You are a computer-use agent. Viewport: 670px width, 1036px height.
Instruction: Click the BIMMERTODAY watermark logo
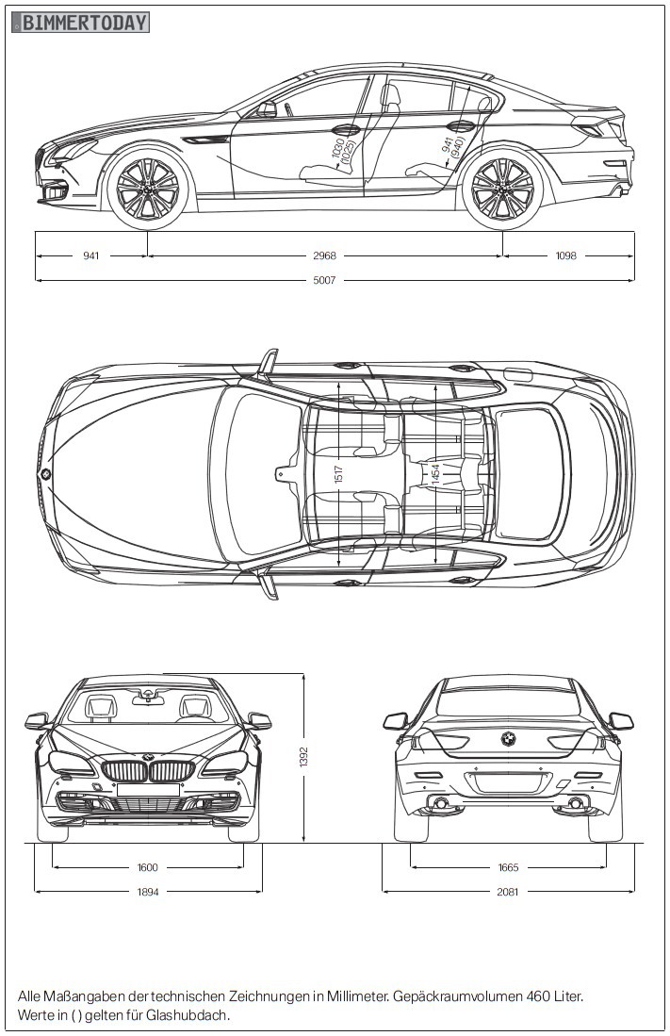(81, 22)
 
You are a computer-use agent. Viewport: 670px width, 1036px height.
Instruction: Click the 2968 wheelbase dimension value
(325, 255)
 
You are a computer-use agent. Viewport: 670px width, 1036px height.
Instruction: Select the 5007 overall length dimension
(325, 280)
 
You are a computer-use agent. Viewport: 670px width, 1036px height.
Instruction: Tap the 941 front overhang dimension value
(91, 255)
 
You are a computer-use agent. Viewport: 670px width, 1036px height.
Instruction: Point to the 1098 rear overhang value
(565, 255)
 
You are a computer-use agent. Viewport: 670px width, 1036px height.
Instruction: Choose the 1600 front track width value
(148, 867)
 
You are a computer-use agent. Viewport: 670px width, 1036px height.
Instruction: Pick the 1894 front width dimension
(148, 891)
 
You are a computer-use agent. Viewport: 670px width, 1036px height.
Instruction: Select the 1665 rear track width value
(508, 867)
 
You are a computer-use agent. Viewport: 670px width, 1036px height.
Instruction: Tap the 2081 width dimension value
(508, 891)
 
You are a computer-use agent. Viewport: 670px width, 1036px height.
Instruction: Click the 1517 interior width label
(338, 474)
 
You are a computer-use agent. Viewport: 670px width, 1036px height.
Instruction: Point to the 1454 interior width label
(435, 474)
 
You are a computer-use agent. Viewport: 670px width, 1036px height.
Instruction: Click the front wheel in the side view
(148, 188)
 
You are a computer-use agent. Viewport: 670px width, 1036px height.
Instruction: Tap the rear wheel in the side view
(501, 188)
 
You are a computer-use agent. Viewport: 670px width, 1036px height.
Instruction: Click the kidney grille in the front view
(148, 771)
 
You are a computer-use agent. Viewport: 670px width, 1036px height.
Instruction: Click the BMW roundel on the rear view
(508, 739)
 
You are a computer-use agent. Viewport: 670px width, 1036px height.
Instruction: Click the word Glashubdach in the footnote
(188, 1015)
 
